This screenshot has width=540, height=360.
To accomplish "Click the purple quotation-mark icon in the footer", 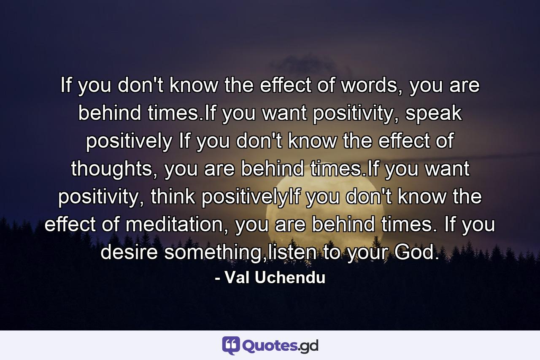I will coord(231,346).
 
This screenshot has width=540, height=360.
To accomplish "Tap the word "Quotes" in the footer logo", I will coord(270,346).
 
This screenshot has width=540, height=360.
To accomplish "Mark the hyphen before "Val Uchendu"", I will coord(217,279).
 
